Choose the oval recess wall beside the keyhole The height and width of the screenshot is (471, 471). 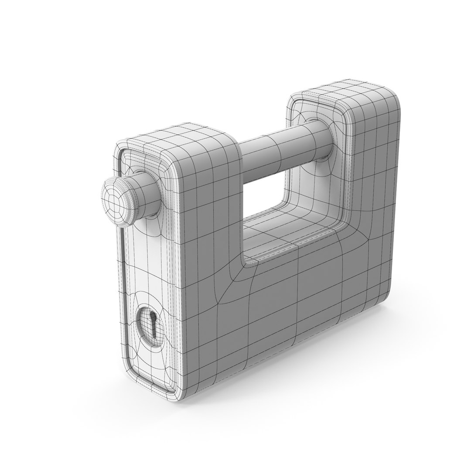(x=143, y=325)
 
